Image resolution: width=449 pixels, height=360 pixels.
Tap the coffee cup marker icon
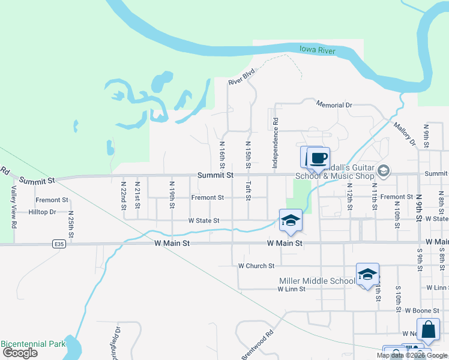coord(319,158)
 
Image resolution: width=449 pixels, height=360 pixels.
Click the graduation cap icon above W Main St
coord(291,220)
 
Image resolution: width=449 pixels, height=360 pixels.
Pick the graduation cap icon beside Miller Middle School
coord(367,274)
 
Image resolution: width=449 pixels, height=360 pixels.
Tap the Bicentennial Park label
coord(33,344)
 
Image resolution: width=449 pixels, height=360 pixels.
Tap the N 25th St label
coord(70,224)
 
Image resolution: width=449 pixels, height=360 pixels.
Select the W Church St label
coord(256,265)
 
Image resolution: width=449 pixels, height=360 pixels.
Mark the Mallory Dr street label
coord(404,134)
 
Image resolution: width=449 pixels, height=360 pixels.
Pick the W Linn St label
coord(291,289)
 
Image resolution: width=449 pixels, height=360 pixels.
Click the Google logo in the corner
coord(20,353)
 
